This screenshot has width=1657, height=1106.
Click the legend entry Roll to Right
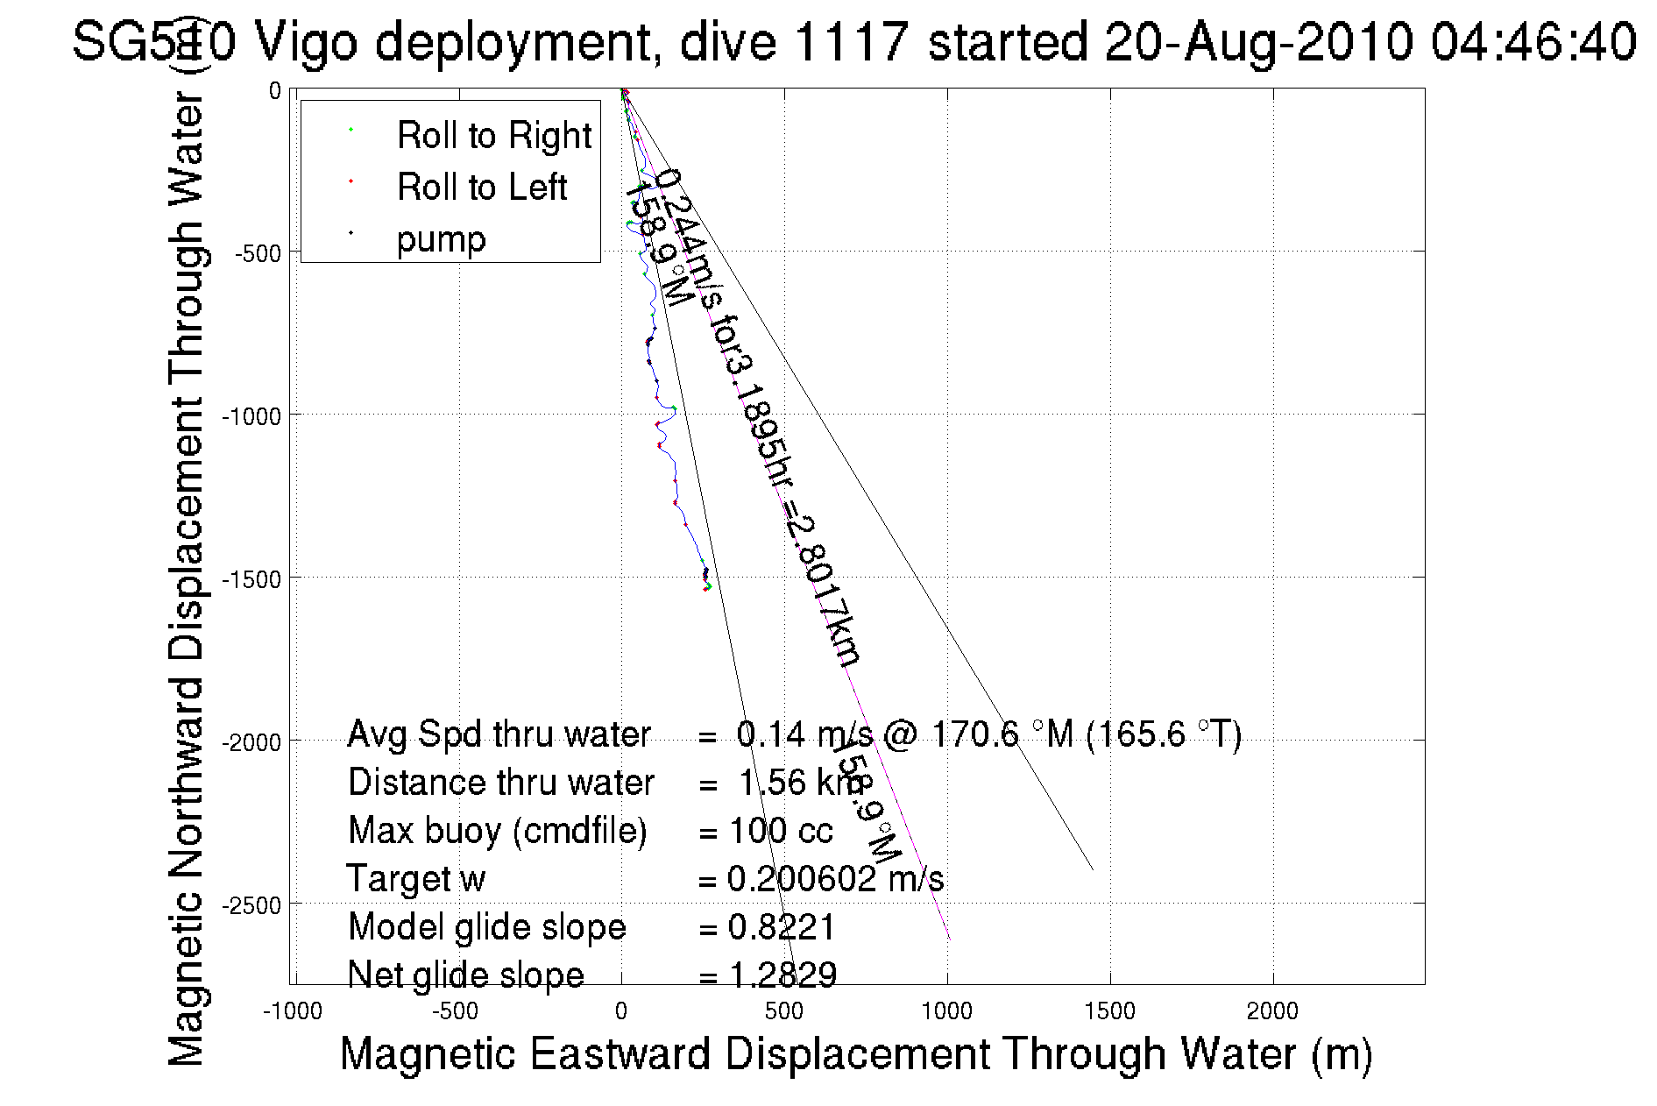[x=493, y=135]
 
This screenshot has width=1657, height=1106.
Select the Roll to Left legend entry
[x=481, y=187]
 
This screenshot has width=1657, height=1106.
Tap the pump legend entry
[x=441, y=238]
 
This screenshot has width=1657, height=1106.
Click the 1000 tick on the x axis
[x=947, y=1011]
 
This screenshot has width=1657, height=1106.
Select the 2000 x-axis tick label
[x=1272, y=1011]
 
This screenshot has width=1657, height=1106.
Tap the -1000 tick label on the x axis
[x=293, y=1011]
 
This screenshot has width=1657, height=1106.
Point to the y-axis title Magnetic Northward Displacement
[x=186, y=578]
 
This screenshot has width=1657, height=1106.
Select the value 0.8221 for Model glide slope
[x=782, y=927]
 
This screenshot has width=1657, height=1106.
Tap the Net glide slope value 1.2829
[x=782, y=975]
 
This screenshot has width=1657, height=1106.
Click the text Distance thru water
[x=500, y=783]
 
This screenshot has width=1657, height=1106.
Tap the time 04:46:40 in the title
[x=1533, y=42]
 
